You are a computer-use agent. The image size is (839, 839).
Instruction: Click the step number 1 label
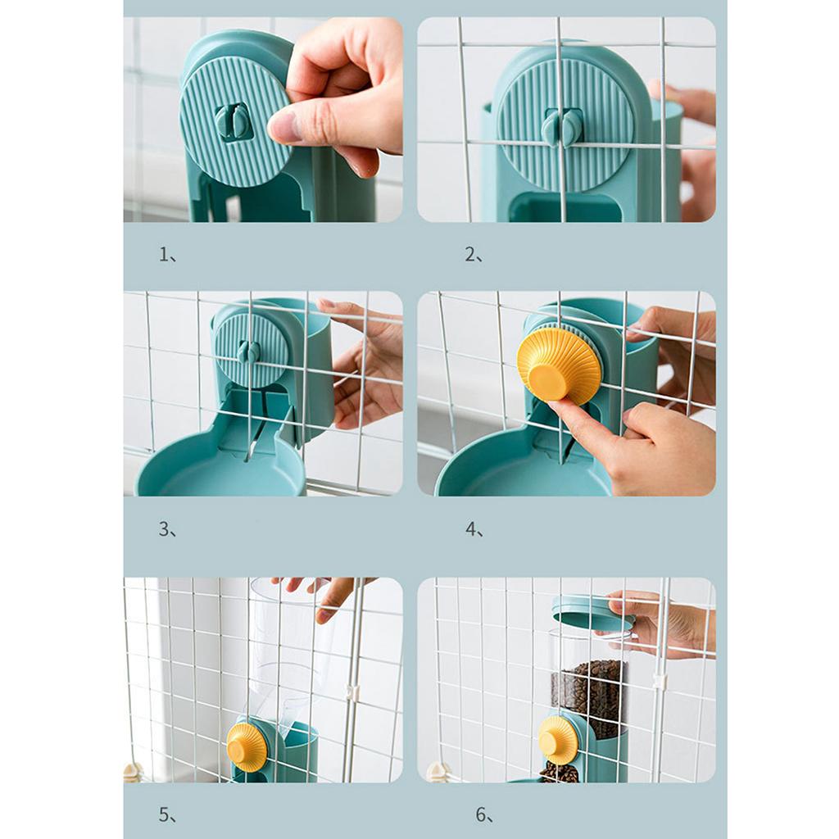pos(167,255)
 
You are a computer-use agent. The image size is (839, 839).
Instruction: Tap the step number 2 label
pos(473,255)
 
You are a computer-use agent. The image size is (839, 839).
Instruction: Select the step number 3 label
pos(167,529)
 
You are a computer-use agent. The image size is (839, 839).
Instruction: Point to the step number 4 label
pos(474,529)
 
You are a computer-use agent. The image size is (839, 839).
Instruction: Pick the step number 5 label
pos(167,815)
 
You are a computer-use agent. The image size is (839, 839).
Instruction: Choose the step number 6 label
pos(484,815)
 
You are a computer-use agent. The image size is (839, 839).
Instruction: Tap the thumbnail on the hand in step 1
pos(283,128)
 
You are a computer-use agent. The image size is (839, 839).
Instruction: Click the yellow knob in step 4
pos(559,364)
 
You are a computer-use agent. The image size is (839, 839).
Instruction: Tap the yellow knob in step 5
pos(247,747)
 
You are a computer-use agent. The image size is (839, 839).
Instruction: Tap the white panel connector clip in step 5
pos(351,692)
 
